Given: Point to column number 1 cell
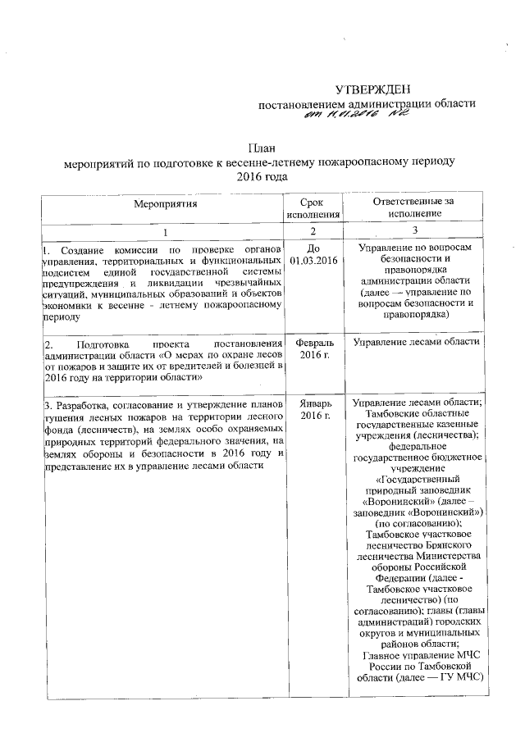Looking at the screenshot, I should [163, 230].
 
